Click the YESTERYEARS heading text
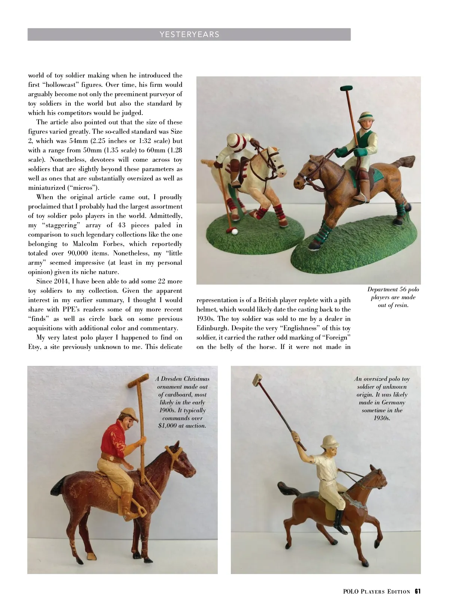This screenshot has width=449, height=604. point(189,34)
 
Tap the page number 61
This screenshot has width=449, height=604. point(418,592)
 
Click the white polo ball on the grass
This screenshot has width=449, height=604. point(235,232)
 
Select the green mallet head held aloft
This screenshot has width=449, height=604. point(346,89)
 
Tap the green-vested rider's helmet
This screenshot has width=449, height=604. point(365,118)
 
